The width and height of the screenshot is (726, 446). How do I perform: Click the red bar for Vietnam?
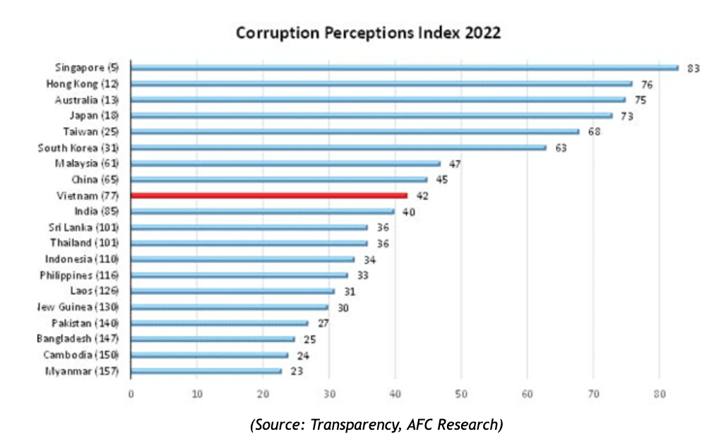click(x=269, y=195)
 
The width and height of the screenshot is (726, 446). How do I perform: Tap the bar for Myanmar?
click(x=206, y=370)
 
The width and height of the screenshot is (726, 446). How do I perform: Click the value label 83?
click(x=693, y=68)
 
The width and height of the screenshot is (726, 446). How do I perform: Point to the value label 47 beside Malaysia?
click(x=455, y=164)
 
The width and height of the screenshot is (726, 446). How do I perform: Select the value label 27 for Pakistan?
click(x=323, y=323)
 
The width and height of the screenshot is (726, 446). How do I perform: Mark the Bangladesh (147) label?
click(x=78, y=339)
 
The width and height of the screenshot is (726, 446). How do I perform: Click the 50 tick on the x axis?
click(x=461, y=393)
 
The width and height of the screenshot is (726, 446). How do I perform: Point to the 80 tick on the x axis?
click(x=659, y=393)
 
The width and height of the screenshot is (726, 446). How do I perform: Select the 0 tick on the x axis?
click(x=131, y=393)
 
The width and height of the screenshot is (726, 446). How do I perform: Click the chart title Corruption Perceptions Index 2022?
click(x=368, y=33)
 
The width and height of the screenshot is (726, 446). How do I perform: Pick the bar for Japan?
click(x=371, y=116)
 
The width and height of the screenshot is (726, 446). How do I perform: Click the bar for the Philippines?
click(x=239, y=275)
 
